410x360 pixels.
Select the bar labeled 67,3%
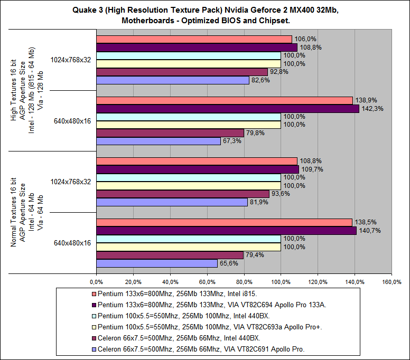coord(158,141)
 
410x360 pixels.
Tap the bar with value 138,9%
coord(224,100)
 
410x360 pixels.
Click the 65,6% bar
coord(156,263)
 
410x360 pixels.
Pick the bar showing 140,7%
coord(226,230)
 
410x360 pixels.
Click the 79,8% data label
coord(255,133)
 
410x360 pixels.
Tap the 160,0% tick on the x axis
coord(392,281)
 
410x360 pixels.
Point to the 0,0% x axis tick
coord(96,281)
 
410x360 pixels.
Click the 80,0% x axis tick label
coord(244,281)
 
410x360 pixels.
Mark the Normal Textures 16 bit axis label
coord(15,212)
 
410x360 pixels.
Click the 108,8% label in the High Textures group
coord(310,48)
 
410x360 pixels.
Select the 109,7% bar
coord(197,169)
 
